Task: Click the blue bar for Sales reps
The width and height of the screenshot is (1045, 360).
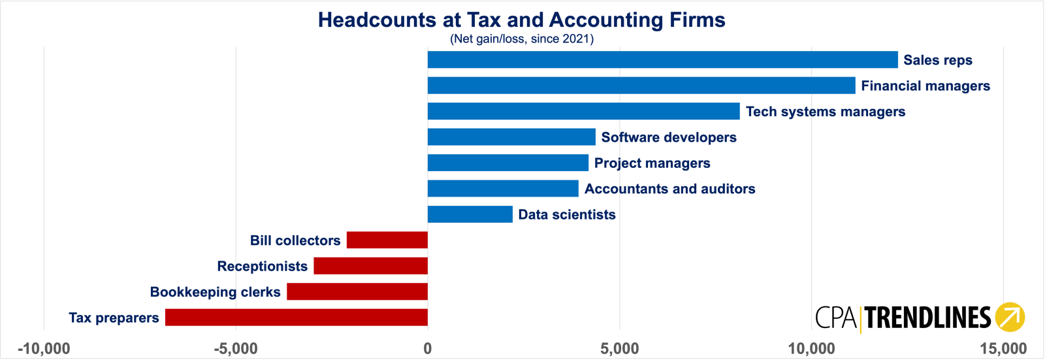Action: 662,59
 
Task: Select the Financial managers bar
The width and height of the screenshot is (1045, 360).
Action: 641,86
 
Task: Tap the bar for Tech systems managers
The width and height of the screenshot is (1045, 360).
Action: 584,111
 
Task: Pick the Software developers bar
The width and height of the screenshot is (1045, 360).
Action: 512,137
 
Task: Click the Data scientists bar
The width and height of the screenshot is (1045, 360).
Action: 470,214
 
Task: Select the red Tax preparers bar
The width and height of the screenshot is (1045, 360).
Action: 297,317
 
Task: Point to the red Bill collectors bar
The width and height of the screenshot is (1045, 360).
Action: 387,240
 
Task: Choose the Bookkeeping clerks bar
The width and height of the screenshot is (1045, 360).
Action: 357,291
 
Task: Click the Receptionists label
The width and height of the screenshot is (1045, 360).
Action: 262,266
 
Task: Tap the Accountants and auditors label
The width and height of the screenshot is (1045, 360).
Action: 670,189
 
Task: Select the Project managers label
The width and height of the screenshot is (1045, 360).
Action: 652,163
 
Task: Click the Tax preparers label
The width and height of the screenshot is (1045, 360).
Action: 114,318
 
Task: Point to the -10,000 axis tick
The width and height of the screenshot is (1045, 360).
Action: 44,349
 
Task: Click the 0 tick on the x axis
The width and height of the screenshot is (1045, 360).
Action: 427,349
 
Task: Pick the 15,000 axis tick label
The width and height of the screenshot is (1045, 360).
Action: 1003,349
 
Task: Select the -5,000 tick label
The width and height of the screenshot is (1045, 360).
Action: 236,349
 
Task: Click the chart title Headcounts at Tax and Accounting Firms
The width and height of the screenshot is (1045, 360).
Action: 522,20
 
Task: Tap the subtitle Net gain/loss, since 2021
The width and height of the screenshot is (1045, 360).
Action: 522,39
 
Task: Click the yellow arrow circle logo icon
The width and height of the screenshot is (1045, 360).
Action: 1010,317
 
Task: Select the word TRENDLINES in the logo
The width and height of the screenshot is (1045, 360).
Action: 928,318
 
